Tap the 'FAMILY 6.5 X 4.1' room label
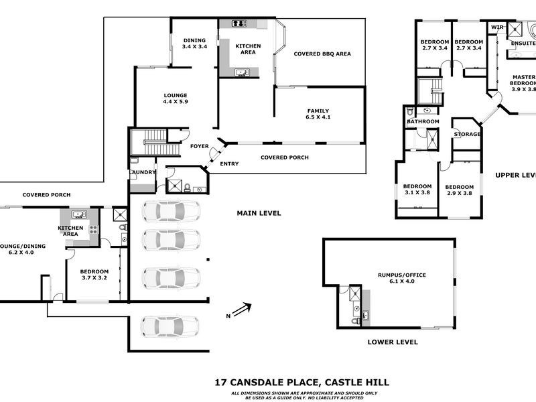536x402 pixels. coord(319,114)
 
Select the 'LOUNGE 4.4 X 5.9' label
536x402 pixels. coord(175,98)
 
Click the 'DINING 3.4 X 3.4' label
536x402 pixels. coord(194,44)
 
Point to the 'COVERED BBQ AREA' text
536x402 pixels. coord(322,54)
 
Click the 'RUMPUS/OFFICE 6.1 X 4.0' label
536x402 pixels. coord(402,278)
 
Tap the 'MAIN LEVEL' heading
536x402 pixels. coord(259,214)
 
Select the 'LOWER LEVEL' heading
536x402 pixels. coord(393,342)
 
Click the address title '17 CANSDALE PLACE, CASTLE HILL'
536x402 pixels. coord(301,383)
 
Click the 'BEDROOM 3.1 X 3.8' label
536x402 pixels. coord(417,190)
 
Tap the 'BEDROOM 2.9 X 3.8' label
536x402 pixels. coord(459,190)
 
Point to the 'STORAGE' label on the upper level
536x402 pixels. coord(466,134)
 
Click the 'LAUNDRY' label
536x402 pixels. coord(142,172)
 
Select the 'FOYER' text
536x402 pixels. coord(199,146)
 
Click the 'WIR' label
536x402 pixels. coord(497,27)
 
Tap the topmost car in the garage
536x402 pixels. coord(171,211)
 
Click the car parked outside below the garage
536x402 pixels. coord(171,326)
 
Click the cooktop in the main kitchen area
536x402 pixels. coord(240,24)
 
